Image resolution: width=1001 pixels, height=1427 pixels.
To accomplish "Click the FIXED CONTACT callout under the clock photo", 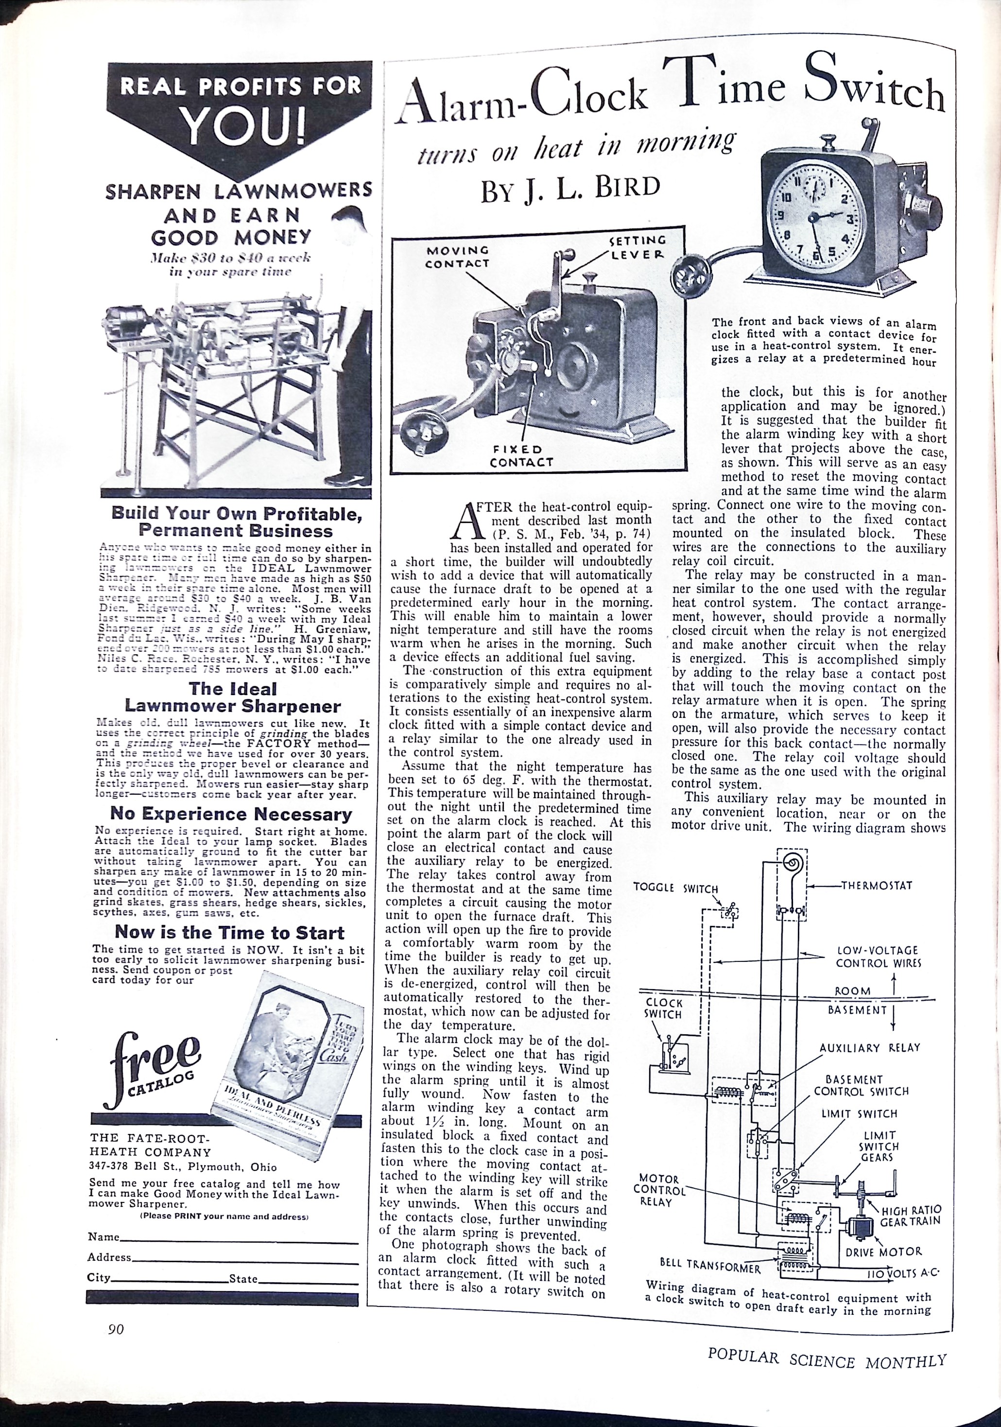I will [x=521, y=455].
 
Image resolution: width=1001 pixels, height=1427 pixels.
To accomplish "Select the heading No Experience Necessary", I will [x=231, y=814].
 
